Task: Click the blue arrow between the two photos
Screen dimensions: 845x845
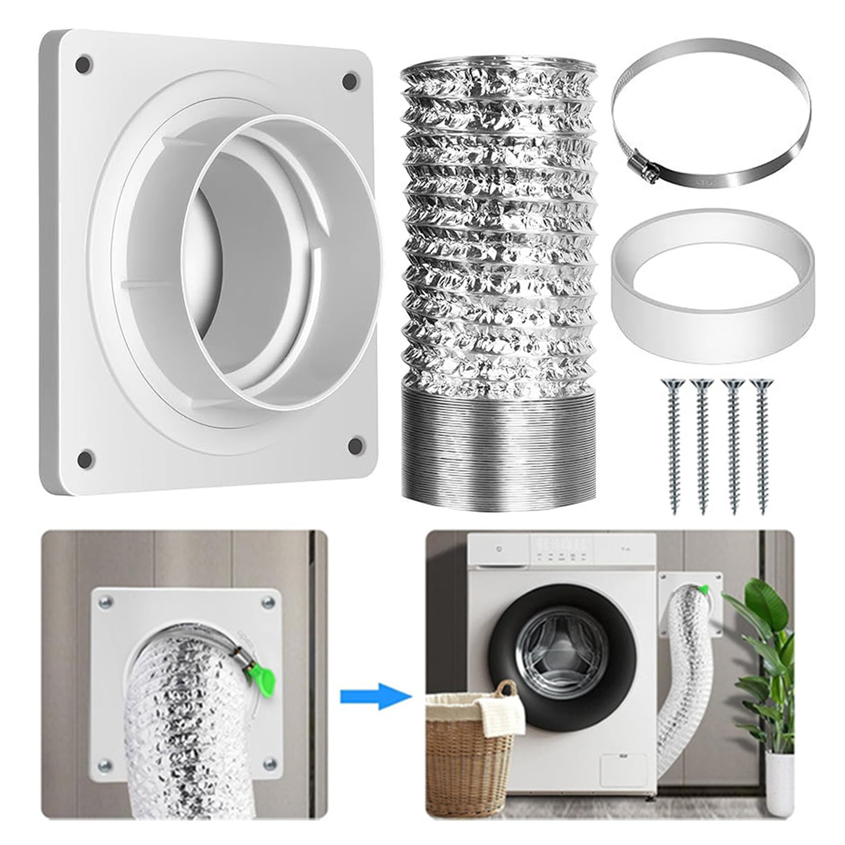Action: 375,696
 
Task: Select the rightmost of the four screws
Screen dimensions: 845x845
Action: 761,443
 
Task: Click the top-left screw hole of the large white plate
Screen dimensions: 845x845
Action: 83,65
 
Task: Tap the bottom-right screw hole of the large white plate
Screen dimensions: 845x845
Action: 356,445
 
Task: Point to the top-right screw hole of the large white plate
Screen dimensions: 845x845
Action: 349,81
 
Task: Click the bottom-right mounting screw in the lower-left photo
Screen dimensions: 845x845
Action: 270,764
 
